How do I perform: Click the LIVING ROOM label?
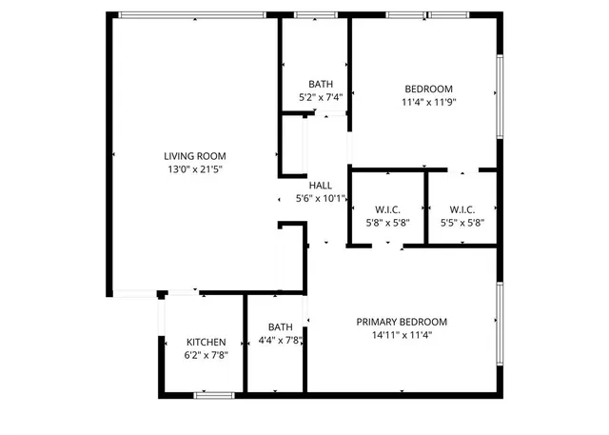pyautogui.click(x=194, y=156)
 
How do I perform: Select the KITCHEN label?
pyautogui.click(x=206, y=343)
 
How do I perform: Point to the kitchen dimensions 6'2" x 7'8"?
pyautogui.click(x=206, y=355)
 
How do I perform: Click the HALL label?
pyautogui.click(x=321, y=186)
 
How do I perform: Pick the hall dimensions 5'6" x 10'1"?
pyautogui.click(x=321, y=199)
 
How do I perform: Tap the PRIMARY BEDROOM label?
pyautogui.click(x=402, y=322)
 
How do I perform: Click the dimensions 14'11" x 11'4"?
pyautogui.click(x=402, y=335)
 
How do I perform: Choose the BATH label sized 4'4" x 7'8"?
pyautogui.click(x=280, y=326)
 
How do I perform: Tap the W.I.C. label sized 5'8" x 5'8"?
pyautogui.click(x=386, y=209)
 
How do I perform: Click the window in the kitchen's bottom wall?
pyautogui.click(x=214, y=395)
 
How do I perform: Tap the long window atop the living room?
pyautogui.click(x=191, y=14)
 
